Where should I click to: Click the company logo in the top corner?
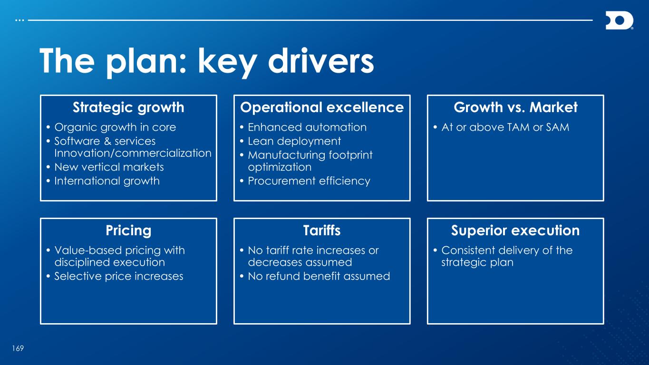[619, 20]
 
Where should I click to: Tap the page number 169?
[18, 348]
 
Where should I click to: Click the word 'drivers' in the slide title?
[321, 61]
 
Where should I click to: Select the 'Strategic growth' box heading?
[128, 108]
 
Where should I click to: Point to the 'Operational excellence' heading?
[322, 107]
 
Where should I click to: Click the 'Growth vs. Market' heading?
[516, 107]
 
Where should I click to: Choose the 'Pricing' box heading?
[128, 231]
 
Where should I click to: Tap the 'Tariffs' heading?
[322, 231]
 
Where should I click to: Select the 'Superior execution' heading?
[515, 231]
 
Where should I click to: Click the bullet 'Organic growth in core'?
[115, 127]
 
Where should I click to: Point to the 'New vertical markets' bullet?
[109, 167]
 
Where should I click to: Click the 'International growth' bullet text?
[107, 181]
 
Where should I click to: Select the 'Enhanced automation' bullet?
[307, 127]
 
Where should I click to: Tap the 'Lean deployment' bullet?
[294, 141]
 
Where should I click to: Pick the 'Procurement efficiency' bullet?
[309, 181]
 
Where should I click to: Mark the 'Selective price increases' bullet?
[119, 276]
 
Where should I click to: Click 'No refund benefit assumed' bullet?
[319, 276]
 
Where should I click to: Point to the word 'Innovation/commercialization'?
[133, 153]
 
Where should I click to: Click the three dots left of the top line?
[19, 20]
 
